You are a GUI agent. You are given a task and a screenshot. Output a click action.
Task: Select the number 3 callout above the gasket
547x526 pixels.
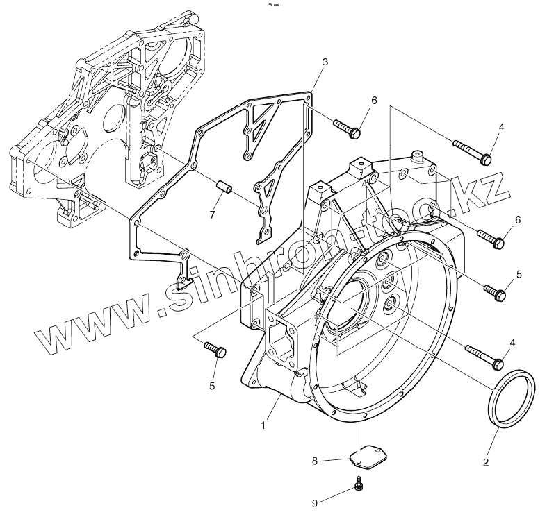(x=325, y=62)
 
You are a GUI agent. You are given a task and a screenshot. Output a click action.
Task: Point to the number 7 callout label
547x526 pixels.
(x=213, y=214)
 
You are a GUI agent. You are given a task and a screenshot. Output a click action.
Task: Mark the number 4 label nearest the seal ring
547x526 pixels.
(x=512, y=342)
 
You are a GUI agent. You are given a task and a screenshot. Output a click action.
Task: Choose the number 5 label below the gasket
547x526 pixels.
(x=213, y=385)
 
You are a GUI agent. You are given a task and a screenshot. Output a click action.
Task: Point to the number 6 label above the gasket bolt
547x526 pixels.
(x=373, y=101)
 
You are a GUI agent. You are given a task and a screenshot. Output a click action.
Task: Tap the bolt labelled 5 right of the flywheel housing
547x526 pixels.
(x=496, y=290)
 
